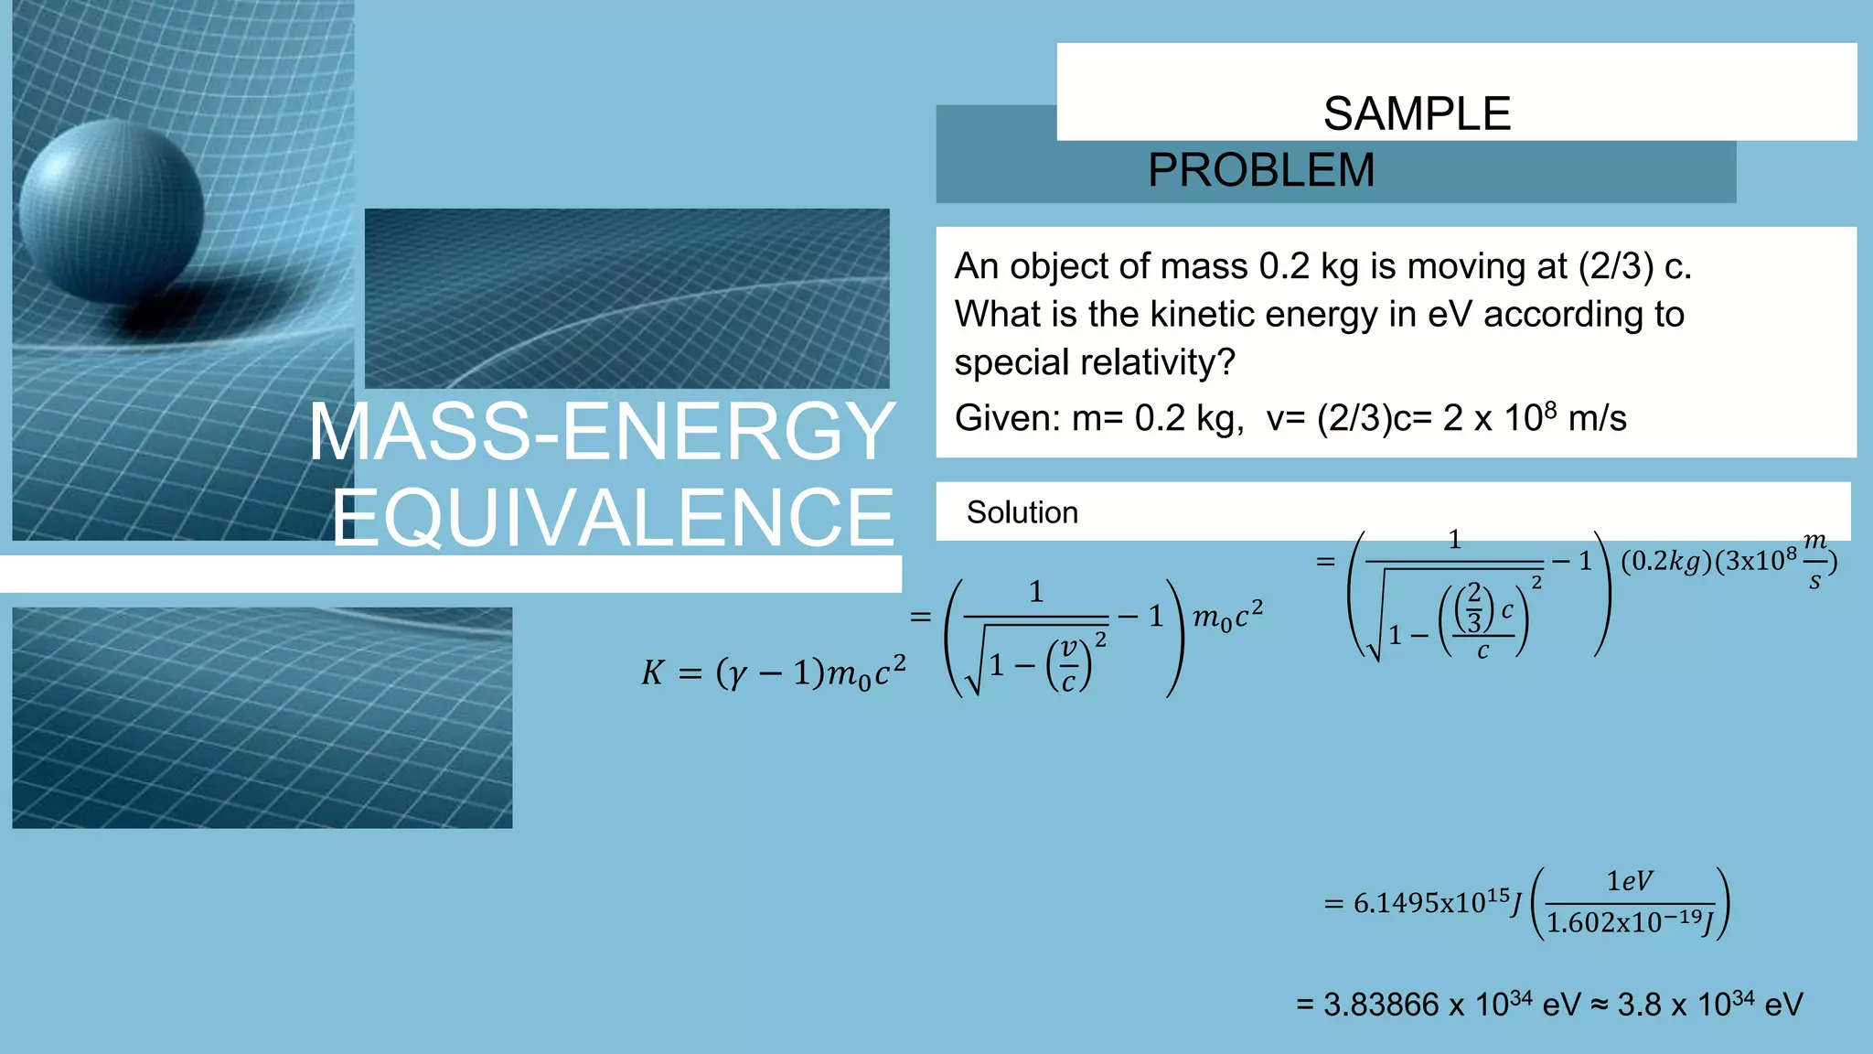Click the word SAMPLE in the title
(1417, 114)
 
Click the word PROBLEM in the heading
(1261, 170)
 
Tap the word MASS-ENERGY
(602, 432)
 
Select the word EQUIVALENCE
(613, 518)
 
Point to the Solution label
(1022, 512)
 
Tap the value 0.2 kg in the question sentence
(1309, 266)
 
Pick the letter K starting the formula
(652, 673)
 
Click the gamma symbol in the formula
(733, 675)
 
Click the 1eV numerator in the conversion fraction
(1630, 881)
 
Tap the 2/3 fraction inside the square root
(1473, 607)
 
